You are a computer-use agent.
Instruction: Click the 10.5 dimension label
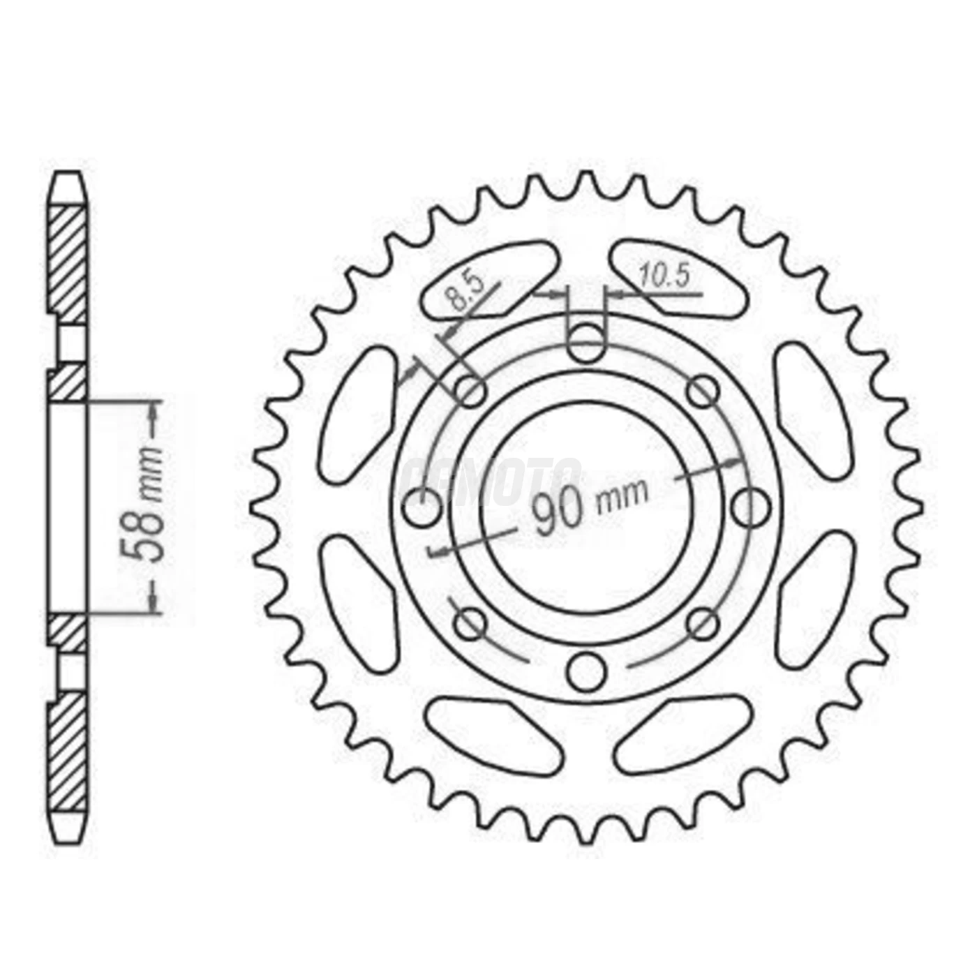click(x=664, y=276)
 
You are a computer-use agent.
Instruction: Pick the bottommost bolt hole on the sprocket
click(x=586, y=672)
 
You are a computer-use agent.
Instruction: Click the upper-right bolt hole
click(x=703, y=391)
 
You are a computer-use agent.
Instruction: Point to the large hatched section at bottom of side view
click(x=68, y=754)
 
